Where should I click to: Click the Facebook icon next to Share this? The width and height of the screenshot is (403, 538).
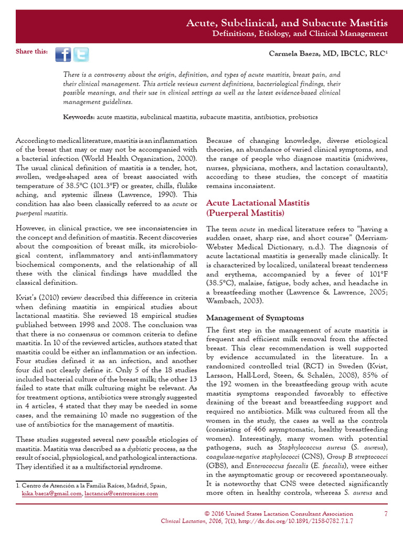tap(63, 54)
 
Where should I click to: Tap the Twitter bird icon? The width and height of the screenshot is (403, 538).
tap(81, 54)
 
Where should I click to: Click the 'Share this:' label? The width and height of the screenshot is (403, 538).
tap(32, 51)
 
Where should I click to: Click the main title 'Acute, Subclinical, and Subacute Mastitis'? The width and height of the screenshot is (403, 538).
tap(288, 23)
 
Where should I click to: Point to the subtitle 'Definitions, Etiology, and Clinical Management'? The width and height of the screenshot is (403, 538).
tap(300, 34)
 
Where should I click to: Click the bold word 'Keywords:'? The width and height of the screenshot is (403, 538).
tap(79, 116)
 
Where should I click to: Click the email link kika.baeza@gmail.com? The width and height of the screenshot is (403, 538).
tap(51, 493)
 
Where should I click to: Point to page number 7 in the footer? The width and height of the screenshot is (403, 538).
tap(386, 513)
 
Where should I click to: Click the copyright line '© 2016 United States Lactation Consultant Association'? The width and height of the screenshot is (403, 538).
tap(278, 513)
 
